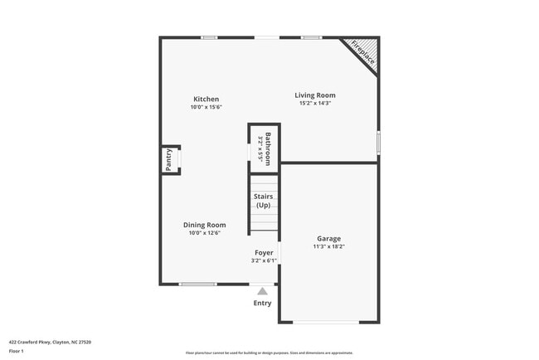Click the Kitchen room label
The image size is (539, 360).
point(206,100)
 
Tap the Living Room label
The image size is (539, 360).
point(315,95)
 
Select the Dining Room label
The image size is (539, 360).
point(204,225)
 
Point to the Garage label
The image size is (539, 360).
point(328,239)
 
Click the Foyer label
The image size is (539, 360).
point(264,253)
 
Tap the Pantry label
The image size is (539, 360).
point(168,159)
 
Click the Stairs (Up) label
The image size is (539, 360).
point(264,201)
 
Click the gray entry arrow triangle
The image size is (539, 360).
point(263,291)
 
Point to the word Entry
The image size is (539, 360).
point(262,303)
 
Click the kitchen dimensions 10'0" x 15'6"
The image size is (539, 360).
point(206,107)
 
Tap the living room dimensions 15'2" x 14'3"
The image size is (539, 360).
point(315,104)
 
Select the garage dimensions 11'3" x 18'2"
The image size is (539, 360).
point(328,246)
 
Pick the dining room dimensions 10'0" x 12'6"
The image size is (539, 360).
point(204,233)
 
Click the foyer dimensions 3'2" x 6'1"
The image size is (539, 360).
point(264,260)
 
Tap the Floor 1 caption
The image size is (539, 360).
point(16,351)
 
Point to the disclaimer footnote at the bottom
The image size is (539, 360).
point(269,353)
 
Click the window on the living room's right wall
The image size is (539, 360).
point(379,141)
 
